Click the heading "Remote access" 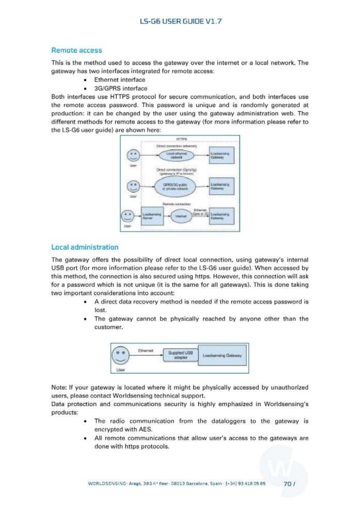pyautogui.click(x=77, y=50)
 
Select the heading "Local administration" pyautogui.click(x=85, y=247)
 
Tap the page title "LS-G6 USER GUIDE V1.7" pyautogui.click(x=181, y=21)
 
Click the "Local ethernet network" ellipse pyautogui.click(x=176, y=155)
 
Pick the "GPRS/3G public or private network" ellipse pyautogui.click(x=175, y=187)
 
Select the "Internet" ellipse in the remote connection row pyautogui.click(x=181, y=216)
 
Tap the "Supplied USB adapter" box pyautogui.click(x=181, y=355)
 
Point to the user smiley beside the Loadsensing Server pyautogui.click(x=128, y=216)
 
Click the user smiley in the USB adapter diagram pyautogui.click(x=120, y=355)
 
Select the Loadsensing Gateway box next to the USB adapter pyautogui.click(x=222, y=355)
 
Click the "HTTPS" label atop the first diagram pyautogui.click(x=182, y=139)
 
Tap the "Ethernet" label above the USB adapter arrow pyautogui.click(x=145, y=351)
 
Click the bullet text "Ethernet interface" pyautogui.click(x=120, y=80)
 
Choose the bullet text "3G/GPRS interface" pyautogui.click(x=121, y=88)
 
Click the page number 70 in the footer pyautogui.click(x=287, y=484)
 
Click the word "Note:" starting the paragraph pyautogui.click(x=59, y=387)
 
